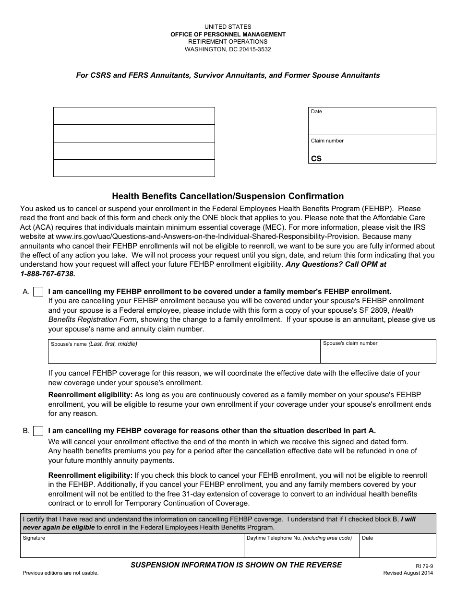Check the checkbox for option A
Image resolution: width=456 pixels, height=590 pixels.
38,292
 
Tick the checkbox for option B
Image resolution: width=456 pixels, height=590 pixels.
38,431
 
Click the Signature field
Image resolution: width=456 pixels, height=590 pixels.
132,548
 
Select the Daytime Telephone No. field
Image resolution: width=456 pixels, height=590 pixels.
301,548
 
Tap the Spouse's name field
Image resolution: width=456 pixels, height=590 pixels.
184,354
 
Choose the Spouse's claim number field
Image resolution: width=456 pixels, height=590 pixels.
378,354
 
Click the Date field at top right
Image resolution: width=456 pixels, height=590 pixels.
372,124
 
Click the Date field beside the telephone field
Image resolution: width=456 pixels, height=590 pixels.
397,548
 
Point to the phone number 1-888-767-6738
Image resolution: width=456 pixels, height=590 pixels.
48,273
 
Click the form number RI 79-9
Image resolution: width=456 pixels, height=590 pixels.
421,566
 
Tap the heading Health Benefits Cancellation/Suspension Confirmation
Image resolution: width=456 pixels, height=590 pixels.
228,196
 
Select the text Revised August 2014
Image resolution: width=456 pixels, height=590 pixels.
408,573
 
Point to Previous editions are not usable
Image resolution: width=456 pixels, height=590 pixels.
60,573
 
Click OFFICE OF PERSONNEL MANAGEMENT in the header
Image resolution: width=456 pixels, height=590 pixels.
228,35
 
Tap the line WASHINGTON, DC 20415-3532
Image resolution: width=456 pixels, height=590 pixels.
228,49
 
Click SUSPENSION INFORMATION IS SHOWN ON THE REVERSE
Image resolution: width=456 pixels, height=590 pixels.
236,565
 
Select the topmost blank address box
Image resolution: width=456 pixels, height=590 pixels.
134,116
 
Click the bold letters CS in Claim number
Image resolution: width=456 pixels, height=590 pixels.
316,159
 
